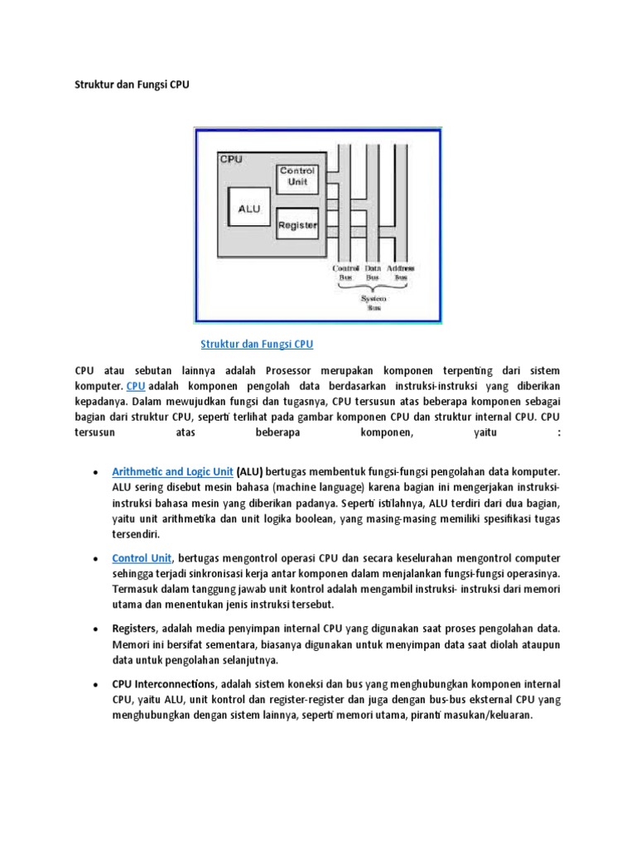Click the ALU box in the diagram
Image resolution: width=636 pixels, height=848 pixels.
(x=249, y=209)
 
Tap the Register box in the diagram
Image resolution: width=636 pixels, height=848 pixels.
(x=296, y=224)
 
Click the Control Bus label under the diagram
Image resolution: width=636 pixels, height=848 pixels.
(x=345, y=272)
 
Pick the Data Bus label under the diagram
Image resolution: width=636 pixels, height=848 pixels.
(x=373, y=272)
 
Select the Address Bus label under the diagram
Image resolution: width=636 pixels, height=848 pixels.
(x=401, y=272)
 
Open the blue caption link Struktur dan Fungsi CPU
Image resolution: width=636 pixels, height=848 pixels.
(x=257, y=343)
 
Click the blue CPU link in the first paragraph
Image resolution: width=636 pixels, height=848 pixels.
(x=136, y=387)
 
